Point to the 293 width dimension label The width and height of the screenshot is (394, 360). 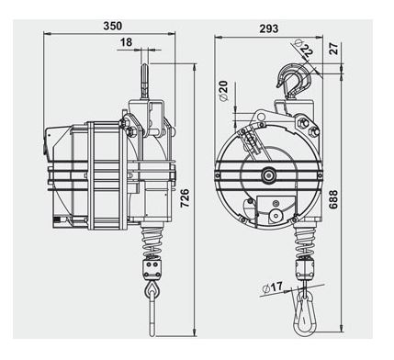click(x=269, y=28)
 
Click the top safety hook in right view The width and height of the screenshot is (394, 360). click(x=296, y=81)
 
